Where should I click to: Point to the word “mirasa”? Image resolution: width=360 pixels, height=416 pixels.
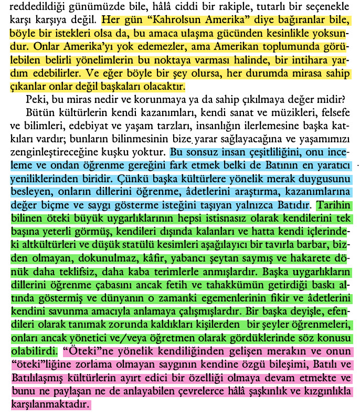tap(297, 73)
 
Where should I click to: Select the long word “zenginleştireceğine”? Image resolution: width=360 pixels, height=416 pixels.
tap(52, 151)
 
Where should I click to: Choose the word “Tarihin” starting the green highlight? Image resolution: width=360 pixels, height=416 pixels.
tap(333, 203)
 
